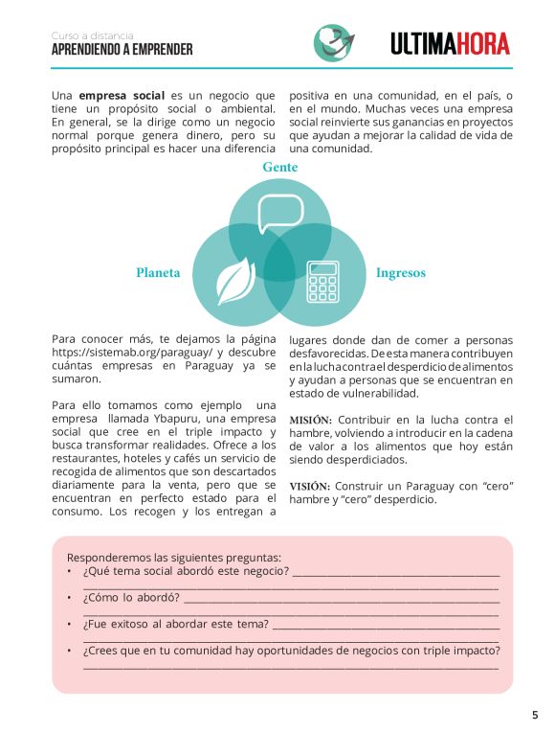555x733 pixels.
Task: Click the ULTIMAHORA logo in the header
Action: click(450, 43)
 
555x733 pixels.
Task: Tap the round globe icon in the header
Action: click(334, 42)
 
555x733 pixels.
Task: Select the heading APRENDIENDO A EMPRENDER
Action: click(122, 50)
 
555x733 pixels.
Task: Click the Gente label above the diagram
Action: click(280, 168)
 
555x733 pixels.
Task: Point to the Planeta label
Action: click(158, 273)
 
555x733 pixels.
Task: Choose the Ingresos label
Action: click(400, 273)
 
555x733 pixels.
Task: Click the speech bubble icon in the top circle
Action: click(280, 213)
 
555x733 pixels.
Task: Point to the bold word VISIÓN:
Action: click(309, 486)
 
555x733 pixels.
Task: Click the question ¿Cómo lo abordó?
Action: click(132, 598)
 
